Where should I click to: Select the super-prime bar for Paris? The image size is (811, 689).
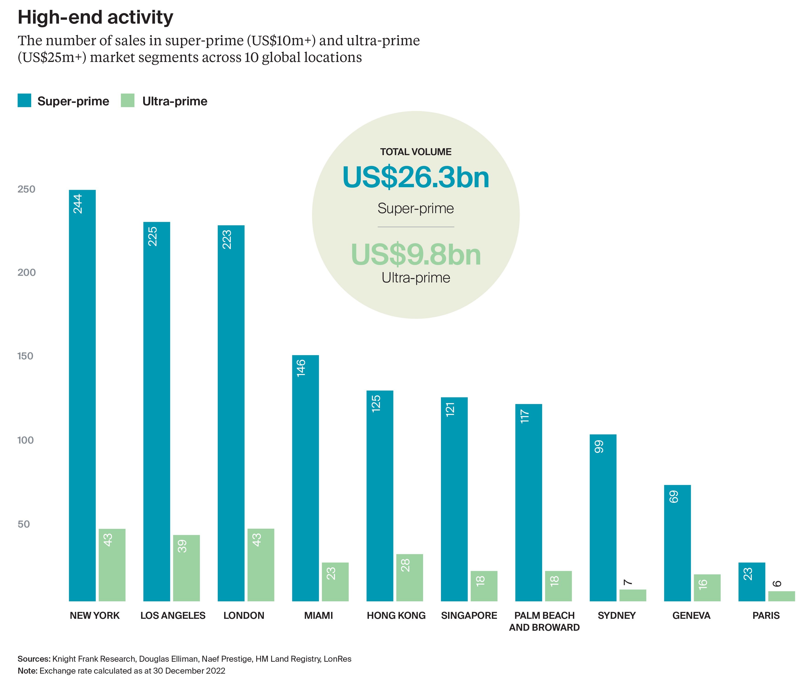coord(751,581)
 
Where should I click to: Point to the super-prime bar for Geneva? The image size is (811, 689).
coord(677,543)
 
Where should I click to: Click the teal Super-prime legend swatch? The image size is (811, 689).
coord(24,100)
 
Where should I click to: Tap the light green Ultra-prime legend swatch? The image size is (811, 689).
coord(128,100)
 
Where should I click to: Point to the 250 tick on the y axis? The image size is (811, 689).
coord(26,189)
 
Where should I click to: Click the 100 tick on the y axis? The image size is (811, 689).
coord(26,440)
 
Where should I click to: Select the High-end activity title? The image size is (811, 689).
coord(95,17)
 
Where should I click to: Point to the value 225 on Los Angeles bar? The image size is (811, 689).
coord(152,236)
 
